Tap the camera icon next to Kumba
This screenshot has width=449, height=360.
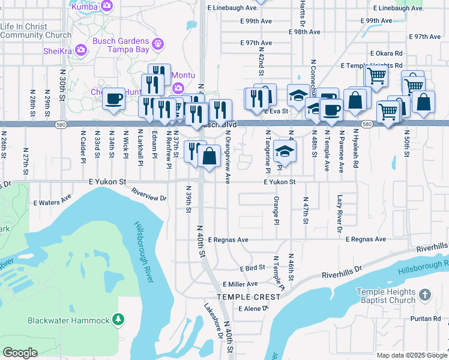tap(107, 7)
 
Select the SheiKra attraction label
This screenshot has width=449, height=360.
tap(58, 51)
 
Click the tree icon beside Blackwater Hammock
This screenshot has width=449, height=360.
tap(119, 320)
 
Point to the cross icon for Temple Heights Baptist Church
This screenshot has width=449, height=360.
tap(424, 295)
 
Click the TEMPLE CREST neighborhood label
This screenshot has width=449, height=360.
tap(249, 297)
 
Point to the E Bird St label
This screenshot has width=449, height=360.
tap(252, 269)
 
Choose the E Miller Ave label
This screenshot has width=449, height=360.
tap(240, 284)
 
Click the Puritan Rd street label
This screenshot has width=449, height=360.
tap(426, 319)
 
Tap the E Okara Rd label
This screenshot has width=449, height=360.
tap(386, 53)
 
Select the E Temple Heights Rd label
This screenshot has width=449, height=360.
tap(371, 65)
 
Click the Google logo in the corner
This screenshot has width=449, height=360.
tap(20, 353)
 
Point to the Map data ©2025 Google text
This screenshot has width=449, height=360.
tap(411, 355)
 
